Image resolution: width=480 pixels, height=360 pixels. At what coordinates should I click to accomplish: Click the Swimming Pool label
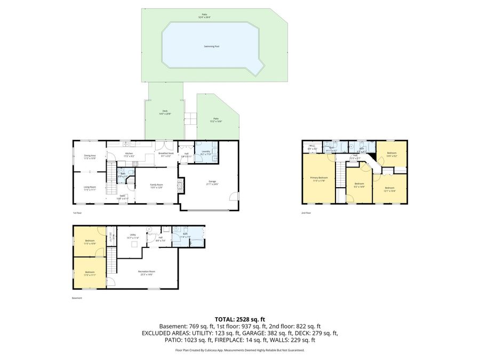pyautogui.click(x=212, y=46)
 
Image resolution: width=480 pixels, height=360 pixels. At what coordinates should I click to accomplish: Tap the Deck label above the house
pyautogui.click(x=165, y=112)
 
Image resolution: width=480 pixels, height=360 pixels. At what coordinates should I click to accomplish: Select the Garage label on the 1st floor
pyautogui.click(x=213, y=182)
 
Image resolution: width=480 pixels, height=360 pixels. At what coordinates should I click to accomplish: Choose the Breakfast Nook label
pyautogui.click(x=165, y=154)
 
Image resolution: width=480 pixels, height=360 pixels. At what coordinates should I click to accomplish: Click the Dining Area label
pyautogui.click(x=90, y=157)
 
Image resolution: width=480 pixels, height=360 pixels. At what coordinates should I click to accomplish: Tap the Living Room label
pyautogui.click(x=90, y=188)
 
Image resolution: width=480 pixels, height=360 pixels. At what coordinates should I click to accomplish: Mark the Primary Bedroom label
pyautogui.click(x=319, y=179)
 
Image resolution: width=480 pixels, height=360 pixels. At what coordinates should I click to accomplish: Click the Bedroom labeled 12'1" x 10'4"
pyautogui.click(x=390, y=189)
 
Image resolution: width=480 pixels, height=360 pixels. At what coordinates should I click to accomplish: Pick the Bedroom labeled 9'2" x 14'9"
pyautogui.click(x=359, y=185)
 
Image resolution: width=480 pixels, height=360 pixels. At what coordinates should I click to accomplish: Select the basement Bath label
pyautogui.click(x=185, y=234)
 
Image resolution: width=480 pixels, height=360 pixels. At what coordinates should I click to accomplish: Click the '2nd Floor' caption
pyautogui.click(x=306, y=213)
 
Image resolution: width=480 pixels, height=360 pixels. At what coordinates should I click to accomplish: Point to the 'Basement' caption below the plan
pyautogui.click(x=77, y=298)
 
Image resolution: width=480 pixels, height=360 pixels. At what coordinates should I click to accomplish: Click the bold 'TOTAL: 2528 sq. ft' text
pyautogui.click(x=239, y=319)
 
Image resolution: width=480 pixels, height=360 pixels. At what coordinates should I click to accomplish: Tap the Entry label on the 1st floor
pyautogui.click(x=122, y=197)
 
